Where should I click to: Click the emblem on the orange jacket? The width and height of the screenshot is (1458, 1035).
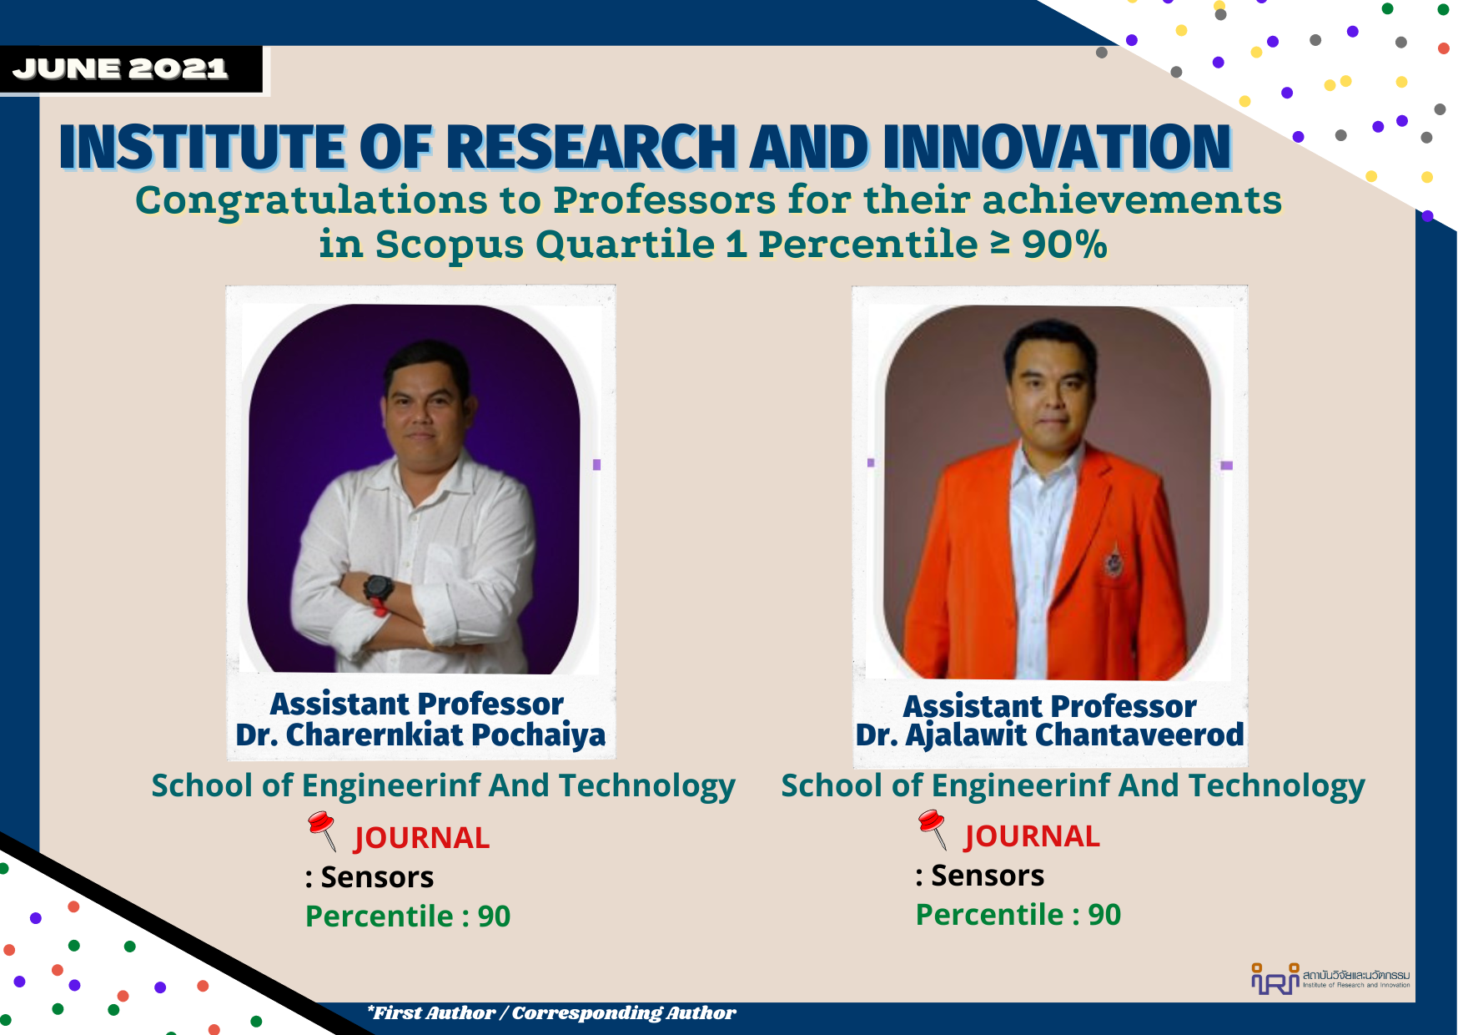pyautogui.click(x=1113, y=561)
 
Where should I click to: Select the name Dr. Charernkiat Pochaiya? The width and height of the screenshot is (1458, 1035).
pyautogui.click(x=420, y=735)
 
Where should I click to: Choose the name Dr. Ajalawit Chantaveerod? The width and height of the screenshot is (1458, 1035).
pyautogui.click(x=1049, y=735)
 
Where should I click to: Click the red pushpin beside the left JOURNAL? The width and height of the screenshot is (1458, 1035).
pyautogui.click(x=322, y=830)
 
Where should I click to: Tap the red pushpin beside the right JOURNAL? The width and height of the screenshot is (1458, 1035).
pyautogui.click(x=933, y=828)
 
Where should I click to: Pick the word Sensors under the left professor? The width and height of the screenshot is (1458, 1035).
pyautogui.click(x=377, y=877)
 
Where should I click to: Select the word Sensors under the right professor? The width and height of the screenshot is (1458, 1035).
pyautogui.click(x=988, y=876)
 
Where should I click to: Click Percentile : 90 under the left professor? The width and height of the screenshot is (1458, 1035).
pyautogui.click(x=408, y=916)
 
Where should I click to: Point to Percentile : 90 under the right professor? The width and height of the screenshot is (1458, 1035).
pyautogui.click(x=1018, y=915)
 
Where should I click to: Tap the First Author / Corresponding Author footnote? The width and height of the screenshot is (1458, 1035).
pyautogui.click(x=551, y=1013)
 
